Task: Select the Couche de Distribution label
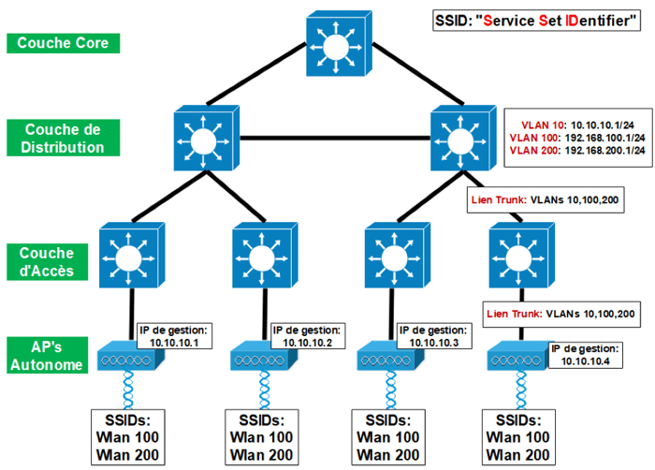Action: [x=63, y=138]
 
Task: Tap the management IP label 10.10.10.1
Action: [x=175, y=336]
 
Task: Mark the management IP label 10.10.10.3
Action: [x=432, y=336]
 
